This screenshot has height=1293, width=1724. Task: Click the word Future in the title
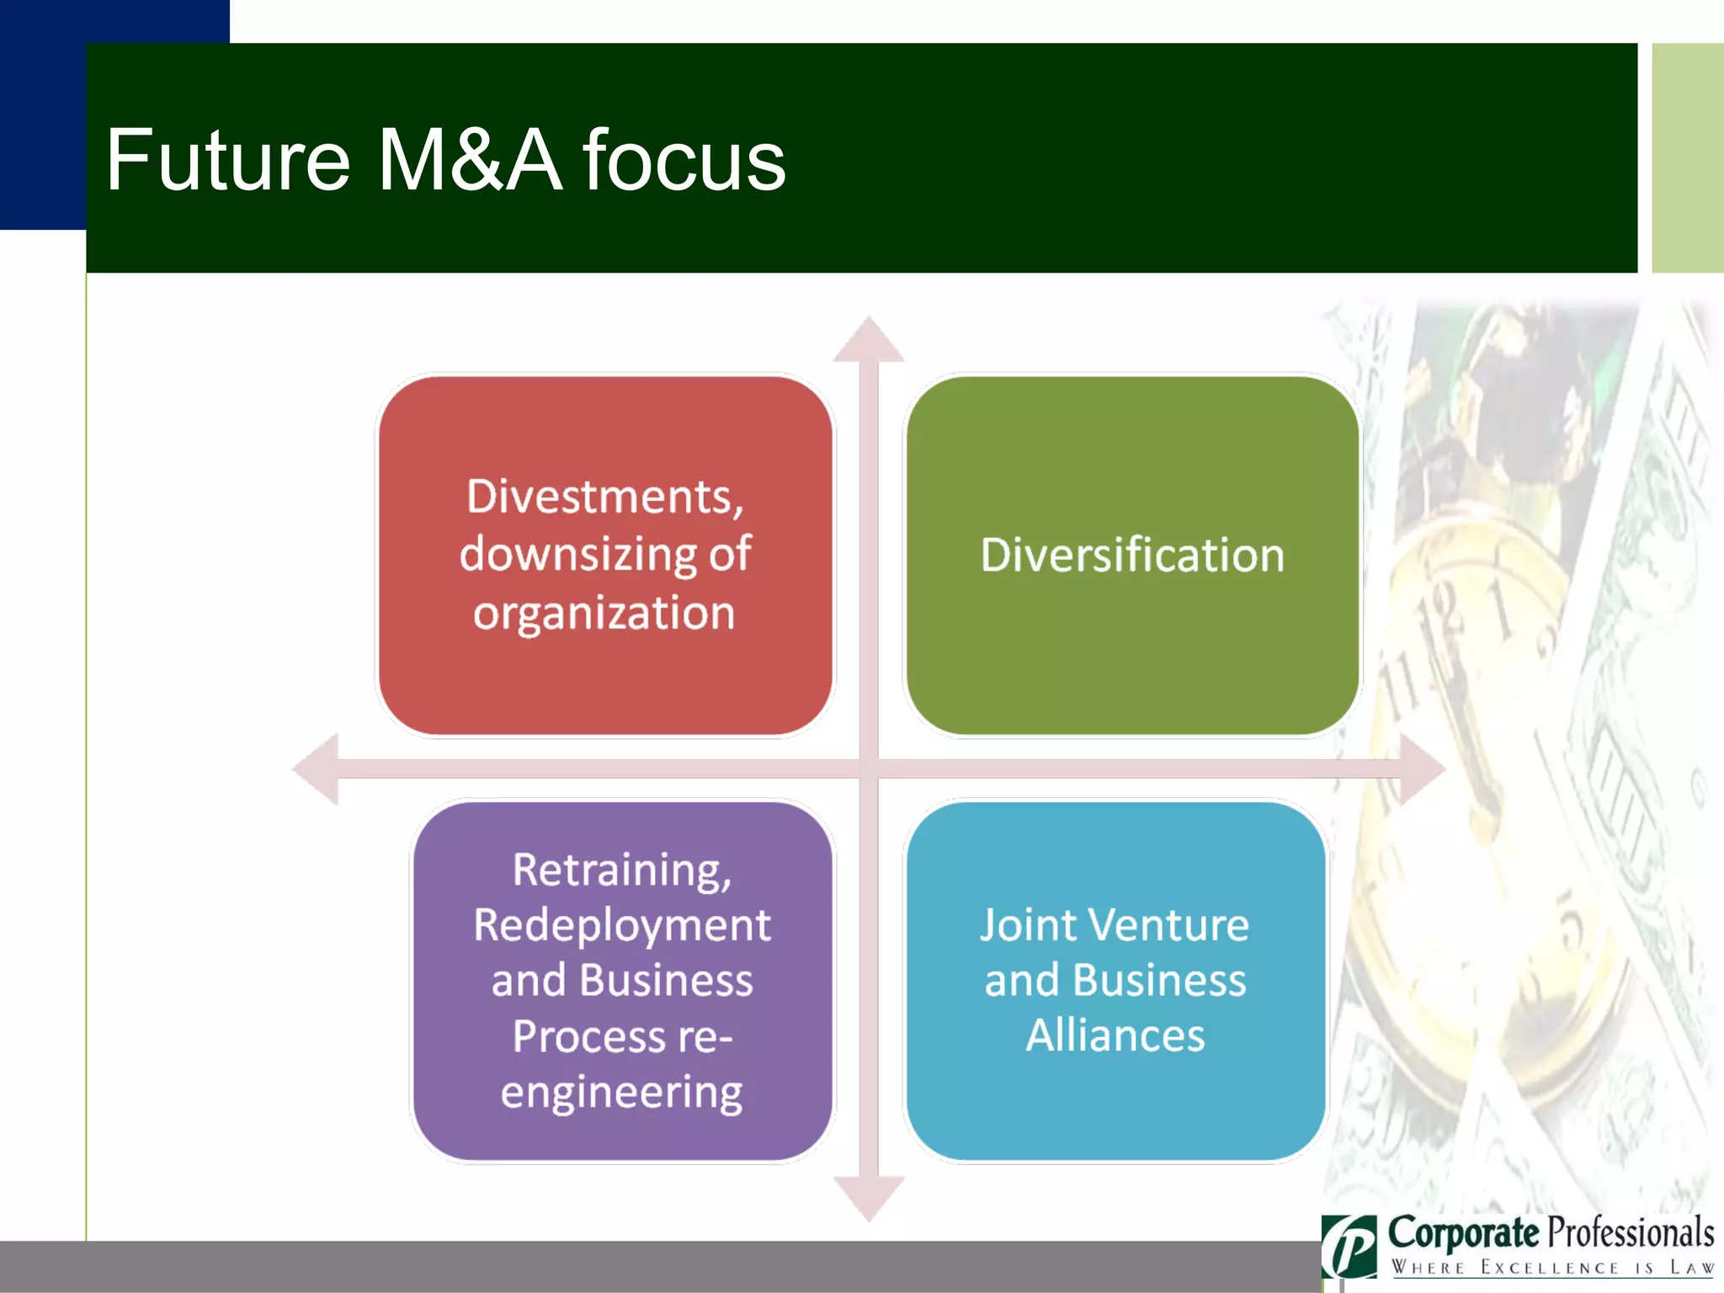[227, 160]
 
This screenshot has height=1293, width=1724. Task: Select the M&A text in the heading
[468, 160]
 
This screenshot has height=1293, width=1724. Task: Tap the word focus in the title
[684, 160]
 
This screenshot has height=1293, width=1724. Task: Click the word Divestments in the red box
[604, 497]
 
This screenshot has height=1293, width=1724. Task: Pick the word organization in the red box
[604, 613]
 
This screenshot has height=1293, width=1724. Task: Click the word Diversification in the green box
[1132, 556]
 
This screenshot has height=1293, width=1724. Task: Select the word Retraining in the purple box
[621, 870]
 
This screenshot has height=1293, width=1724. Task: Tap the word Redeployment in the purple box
[621, 925]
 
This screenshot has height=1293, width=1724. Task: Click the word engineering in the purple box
[621, 1092]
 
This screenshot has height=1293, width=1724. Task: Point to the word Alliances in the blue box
[1115, 1035]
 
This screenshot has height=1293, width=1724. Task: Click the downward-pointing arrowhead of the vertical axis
[869, 1197]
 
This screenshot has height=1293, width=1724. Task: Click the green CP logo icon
[1349, 1247]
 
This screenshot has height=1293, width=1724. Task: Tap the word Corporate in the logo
[1463, 1233]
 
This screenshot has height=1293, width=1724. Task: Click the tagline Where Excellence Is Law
[1551, 1268]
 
